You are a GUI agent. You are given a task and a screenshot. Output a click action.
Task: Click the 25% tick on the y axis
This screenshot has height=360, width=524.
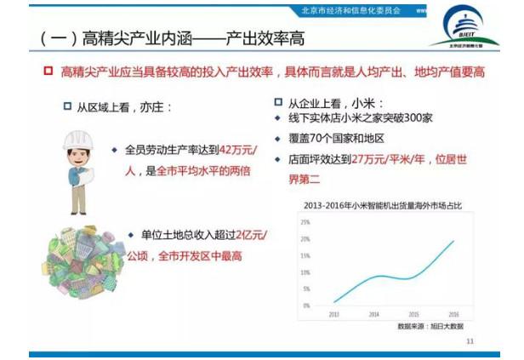point(305,221)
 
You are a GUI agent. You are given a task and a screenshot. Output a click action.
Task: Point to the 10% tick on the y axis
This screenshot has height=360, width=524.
point(305,271)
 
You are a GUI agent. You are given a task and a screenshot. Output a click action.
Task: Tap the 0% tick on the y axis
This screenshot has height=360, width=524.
point(305,305)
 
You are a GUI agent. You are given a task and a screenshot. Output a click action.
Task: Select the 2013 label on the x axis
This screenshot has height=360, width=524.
point(333,313)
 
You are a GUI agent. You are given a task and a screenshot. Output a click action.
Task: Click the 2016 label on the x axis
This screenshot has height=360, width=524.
point(453,313)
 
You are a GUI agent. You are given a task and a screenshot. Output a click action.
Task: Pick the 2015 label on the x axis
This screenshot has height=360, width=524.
point(413,313)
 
